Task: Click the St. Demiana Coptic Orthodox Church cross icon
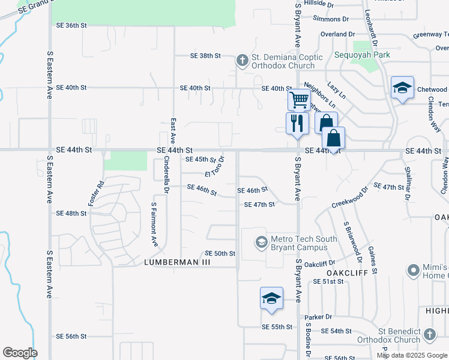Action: [x=242, y=60]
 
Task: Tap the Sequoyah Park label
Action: [x=363, y=55]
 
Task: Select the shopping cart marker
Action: [x=298, y=98]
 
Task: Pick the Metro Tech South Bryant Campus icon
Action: [x=261, y=242]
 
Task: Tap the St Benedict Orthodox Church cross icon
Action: [x=429, y=334]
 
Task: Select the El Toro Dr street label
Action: [x=214, y=166]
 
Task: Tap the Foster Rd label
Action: [x=97, y=194]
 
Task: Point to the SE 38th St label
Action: [x=206, y=56]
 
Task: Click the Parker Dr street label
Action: [x=318, y=317]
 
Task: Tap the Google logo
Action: [x=20, y=353]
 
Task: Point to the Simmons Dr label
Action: [x=331, y=19]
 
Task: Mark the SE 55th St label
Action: [x=277, y=327]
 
